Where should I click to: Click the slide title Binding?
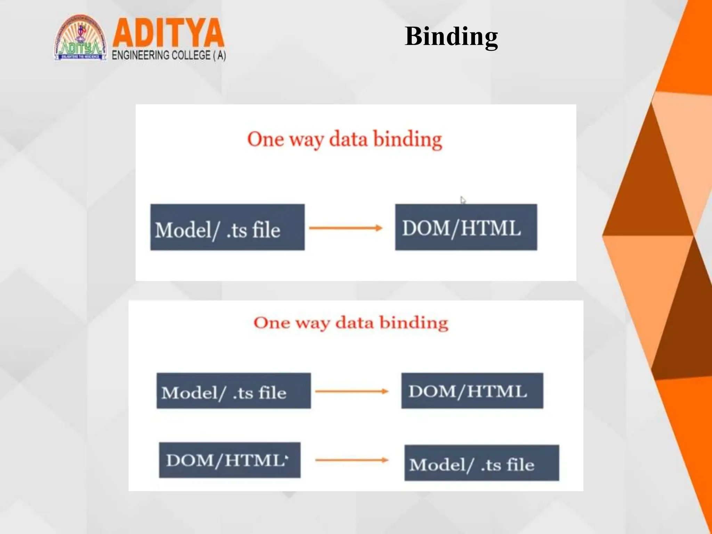451,36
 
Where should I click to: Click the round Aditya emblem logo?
80,38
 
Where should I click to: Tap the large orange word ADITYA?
168,33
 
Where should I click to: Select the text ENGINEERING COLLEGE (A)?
169,55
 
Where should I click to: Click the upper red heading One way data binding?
345,139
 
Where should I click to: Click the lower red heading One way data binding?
351,323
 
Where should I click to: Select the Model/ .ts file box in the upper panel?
227,227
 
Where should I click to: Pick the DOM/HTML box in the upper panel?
466,227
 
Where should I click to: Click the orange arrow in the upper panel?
346,228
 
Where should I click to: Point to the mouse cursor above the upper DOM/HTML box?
463,200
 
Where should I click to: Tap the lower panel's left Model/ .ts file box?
234,391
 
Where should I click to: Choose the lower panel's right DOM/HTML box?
472,391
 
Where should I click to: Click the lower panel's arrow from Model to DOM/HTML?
351,391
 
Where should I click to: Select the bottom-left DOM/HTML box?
230,460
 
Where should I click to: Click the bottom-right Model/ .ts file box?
482,463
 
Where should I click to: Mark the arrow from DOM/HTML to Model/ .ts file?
351,460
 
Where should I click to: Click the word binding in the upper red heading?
407,139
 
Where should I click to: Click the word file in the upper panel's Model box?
266,230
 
